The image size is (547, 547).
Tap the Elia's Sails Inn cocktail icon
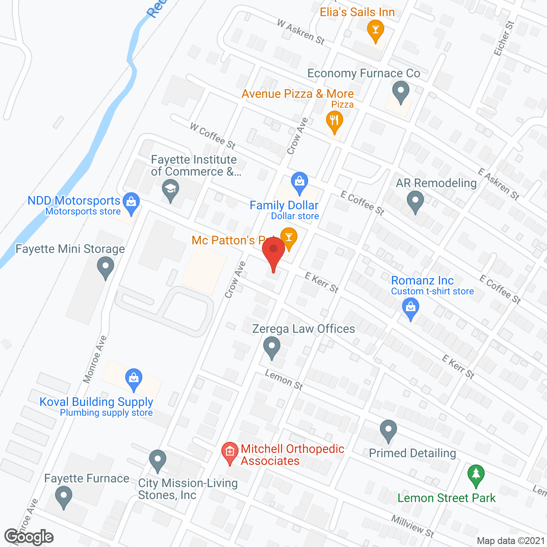click(x=376, y=30)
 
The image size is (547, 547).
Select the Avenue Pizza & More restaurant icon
click(x=335, y=121)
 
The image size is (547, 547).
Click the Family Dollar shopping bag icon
click(x=300, y=182)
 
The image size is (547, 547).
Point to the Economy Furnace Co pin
click(x=400, y=92)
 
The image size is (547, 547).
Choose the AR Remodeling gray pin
click(x=415, y=201)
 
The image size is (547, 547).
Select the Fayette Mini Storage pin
click(x=106, y=268)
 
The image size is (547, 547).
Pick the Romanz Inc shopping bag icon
click(x=411, y=309)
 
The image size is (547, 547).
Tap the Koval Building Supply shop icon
click(x=134, y=379)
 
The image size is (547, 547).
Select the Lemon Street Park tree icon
click(x=476, y=475)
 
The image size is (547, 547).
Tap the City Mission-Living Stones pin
click(x=158, y=460)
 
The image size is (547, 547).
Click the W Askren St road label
click(x=301, y=32)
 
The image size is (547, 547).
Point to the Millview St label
click(x=412, y=526)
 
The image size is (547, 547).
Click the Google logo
click(x=29, y=537)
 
